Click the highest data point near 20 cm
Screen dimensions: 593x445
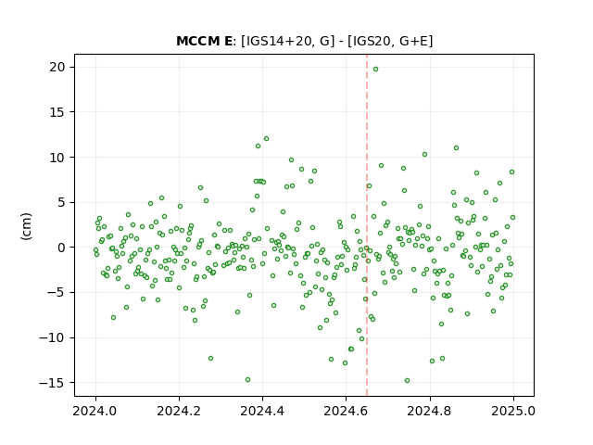[375, 69]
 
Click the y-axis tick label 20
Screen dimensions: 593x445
[57, 67]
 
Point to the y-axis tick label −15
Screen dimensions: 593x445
[52, 383]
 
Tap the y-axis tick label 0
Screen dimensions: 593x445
[61, 248]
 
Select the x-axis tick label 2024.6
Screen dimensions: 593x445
[346, 411]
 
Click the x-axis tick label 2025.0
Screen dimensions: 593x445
[513, 411]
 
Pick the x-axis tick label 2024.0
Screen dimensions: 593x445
[95, 411]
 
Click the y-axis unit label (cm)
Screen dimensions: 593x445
[27, 226]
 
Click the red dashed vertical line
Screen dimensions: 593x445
[367, 225]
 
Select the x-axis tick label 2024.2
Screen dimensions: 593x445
[179, 411]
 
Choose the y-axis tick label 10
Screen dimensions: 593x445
[57, 157]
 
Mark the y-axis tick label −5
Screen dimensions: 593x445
[56, 293]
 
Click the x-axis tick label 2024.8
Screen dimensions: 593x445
[430, 411]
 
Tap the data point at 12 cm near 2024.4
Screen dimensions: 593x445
[266, 138]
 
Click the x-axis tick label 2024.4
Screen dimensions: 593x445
[262, 411]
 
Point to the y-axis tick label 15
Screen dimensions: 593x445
[57, 112]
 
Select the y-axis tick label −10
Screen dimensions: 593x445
[52, 337]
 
